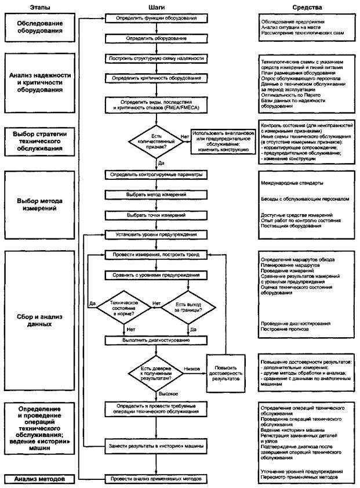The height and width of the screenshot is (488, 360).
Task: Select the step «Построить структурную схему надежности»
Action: point(153,59)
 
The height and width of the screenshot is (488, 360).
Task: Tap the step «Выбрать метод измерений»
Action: point(153,194)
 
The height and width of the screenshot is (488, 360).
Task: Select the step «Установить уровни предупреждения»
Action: point(153,235)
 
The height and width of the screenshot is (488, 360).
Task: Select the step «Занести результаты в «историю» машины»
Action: point(153,446)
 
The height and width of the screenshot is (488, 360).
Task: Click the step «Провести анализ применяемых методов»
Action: point(153,479)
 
